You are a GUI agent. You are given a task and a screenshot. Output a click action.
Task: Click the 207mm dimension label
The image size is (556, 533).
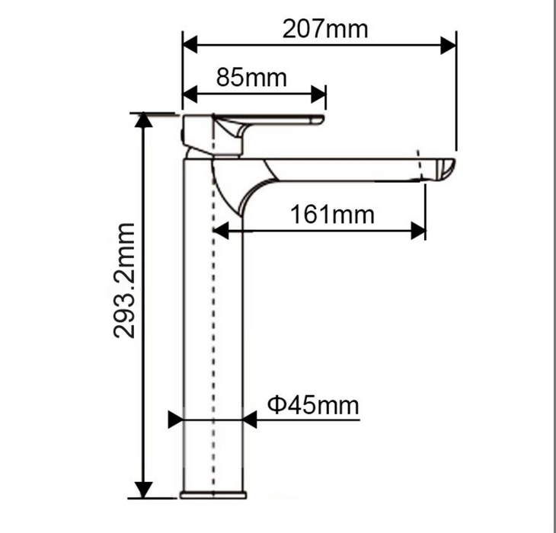coord(324,29)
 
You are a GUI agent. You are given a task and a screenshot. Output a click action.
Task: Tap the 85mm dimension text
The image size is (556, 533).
coord(251,78)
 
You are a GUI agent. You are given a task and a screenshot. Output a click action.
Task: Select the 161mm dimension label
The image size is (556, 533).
coord(332,215)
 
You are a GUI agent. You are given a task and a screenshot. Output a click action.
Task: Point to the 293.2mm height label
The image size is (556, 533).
coord(124,280)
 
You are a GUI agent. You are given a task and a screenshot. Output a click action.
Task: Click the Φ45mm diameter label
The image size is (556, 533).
coord(313,405)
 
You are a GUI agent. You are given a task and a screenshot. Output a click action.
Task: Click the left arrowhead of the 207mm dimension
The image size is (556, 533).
coord(190,45)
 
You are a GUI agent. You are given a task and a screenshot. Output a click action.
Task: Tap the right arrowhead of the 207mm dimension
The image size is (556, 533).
coord(448,45)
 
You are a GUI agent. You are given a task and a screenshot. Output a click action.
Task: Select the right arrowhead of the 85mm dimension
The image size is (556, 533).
coord(318,94)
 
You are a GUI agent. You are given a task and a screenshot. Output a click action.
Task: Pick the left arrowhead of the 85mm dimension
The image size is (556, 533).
coord(190,94)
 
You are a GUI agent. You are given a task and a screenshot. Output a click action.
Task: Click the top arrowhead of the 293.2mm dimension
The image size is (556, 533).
coord(143,120)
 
